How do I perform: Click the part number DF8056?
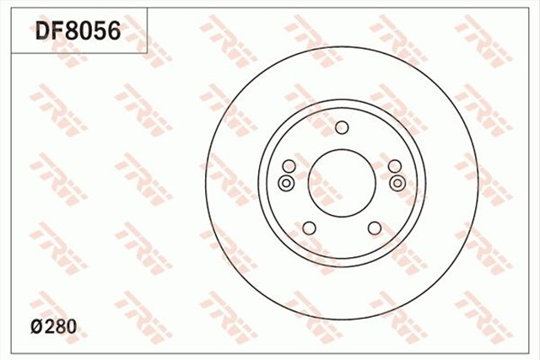(x=78, y=31)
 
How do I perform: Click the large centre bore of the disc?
(x=342, y=181)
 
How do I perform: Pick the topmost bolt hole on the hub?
(x=342, y=128)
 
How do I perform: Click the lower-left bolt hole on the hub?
(x=309, y=228)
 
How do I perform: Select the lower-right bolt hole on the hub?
(x=375, y=228)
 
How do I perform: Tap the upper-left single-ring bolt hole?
(x=289, y=166)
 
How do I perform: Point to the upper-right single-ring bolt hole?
(x=395, y=166)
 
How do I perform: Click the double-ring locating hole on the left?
(x=285, y=183)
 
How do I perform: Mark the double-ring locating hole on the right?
(x=398, y=183)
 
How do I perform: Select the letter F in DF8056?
(x=57, y=31)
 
